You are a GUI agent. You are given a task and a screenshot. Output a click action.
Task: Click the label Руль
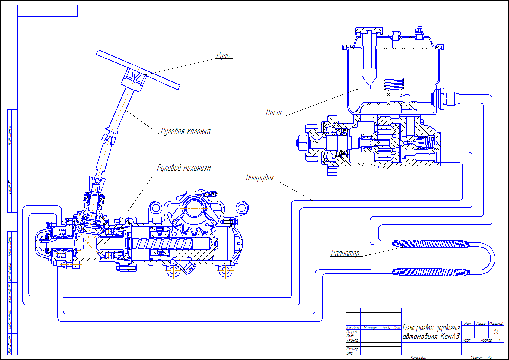tap(223, 55)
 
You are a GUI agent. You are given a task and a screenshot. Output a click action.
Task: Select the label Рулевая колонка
tap(186, 131)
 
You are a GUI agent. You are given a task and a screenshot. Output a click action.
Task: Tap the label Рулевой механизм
tap(184, 168)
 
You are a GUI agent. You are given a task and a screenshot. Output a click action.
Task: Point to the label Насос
tap(274, 113)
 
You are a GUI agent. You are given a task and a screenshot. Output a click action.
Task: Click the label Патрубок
tap(260, 178)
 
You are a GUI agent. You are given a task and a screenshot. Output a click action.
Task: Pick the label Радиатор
tap(345, 253)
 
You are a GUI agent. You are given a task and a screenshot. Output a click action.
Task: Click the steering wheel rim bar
tap(138, 70)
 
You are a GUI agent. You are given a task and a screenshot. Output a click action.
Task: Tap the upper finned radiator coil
tap(431, 244)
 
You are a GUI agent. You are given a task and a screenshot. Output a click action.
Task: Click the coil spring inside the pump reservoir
tap(394, 84)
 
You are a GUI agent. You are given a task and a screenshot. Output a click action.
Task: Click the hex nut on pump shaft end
tap(302, 143)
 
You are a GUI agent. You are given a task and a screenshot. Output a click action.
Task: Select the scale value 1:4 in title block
tap(496, 332)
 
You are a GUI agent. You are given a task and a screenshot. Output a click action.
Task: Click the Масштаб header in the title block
tap(496, 323)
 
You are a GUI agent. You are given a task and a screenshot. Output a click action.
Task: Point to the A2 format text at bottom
tap(490, 357)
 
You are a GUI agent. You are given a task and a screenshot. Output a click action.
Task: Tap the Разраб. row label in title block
tap(352, 332)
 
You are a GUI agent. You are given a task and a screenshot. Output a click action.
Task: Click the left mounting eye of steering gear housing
tap(156, 208)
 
